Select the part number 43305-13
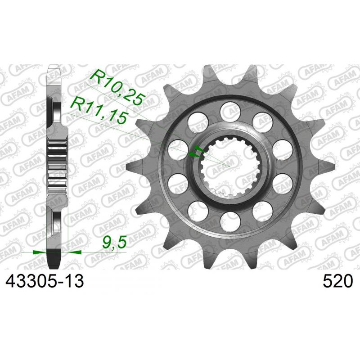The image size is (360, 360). [x=44, y=281]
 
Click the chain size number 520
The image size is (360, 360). [x=337, y=281]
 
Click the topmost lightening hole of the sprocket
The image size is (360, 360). [x=229, y=109]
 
